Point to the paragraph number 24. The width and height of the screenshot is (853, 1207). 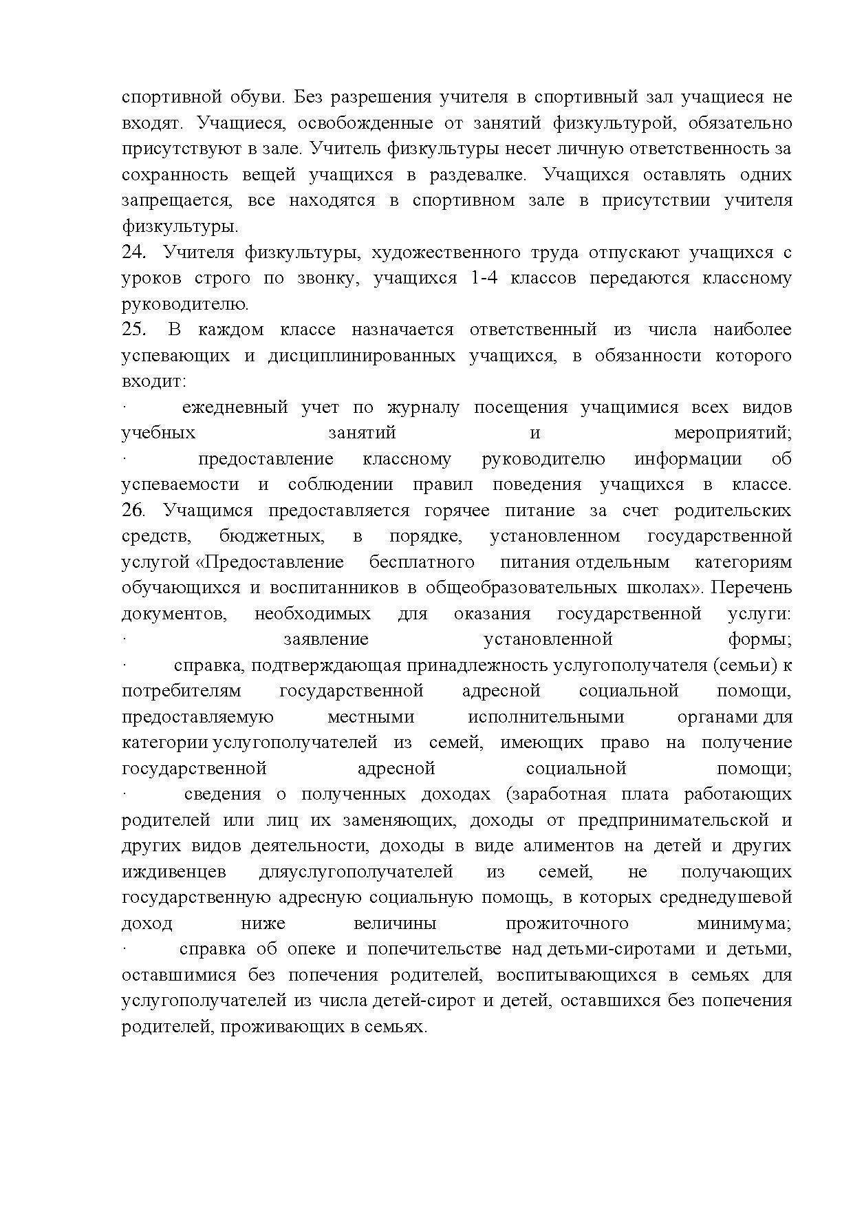pyautogui.click(x=133, y=253)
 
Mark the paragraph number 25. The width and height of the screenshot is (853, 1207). pyautogui.click(x=133, y=330)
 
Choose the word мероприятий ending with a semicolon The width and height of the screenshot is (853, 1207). pyautogui.click(x=733, y=433)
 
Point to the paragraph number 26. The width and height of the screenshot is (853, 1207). pyautogui.click(x=133, y=511)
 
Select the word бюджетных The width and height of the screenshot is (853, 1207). pyautogui.click(x=272, y=536)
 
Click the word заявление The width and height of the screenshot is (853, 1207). pyautogui.click(x=326, y=639)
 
